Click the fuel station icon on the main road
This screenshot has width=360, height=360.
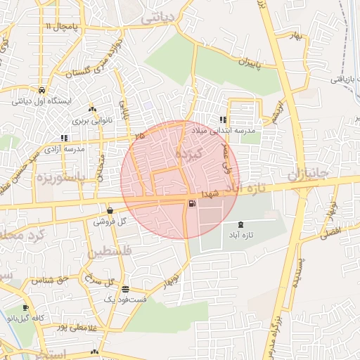(191, 204)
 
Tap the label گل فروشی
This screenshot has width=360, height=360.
(110, 221)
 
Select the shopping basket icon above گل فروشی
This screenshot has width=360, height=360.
(110, 210)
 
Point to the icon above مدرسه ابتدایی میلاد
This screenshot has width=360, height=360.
(223, 120)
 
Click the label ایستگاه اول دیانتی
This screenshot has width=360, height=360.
(42, 101)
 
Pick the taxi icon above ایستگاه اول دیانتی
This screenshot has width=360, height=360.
(42, 90)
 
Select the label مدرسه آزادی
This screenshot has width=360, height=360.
(64, 149)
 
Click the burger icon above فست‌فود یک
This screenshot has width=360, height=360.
(125, 289)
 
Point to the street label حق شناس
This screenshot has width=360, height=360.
(49, 281)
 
